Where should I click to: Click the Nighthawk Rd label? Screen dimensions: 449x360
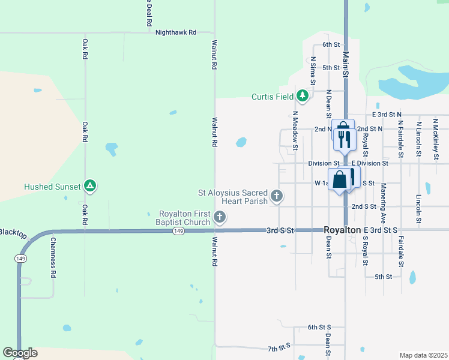175,32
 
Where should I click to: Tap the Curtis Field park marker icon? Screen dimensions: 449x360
303,96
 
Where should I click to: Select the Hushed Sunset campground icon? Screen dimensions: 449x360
89,186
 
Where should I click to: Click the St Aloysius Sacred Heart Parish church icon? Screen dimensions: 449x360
277,196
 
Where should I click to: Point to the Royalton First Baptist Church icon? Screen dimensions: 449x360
220,218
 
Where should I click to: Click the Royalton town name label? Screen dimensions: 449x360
342,230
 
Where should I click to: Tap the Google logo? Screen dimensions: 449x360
20,353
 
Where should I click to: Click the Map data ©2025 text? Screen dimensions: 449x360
423,355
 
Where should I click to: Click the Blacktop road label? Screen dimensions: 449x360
13,233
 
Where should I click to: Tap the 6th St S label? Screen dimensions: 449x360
319,327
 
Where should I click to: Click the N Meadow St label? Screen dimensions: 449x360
295,127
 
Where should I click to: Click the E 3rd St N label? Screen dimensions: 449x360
387,114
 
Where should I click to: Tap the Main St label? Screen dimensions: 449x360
346,64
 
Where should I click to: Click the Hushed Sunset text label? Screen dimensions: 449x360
52,187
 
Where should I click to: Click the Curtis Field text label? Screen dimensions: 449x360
273,97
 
